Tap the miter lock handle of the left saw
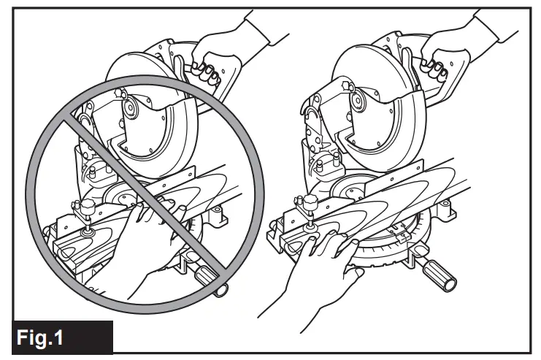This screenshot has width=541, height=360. point(209,275)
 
